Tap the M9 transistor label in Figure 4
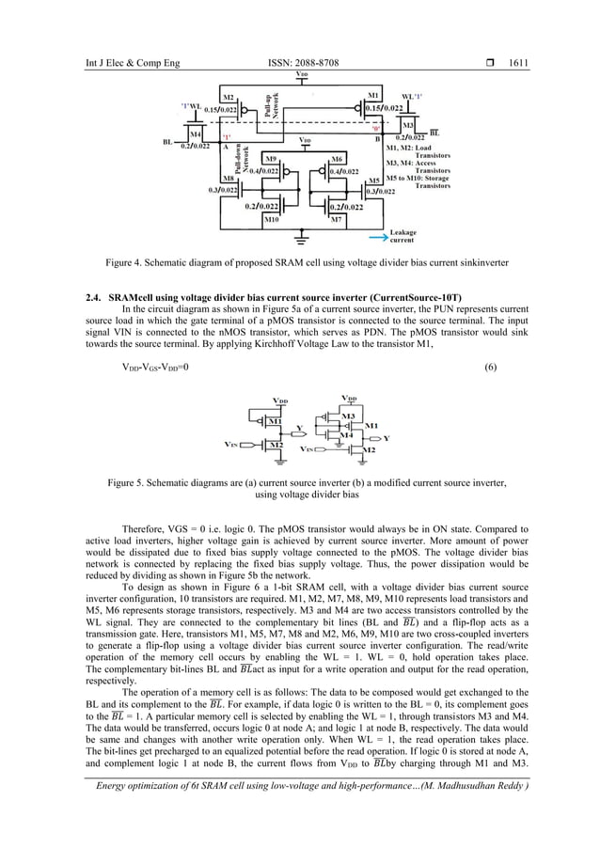270,159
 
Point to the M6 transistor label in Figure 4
337,159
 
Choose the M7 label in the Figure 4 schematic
337,219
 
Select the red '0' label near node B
375,127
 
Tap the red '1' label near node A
228,137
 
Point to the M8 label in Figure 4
228,178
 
